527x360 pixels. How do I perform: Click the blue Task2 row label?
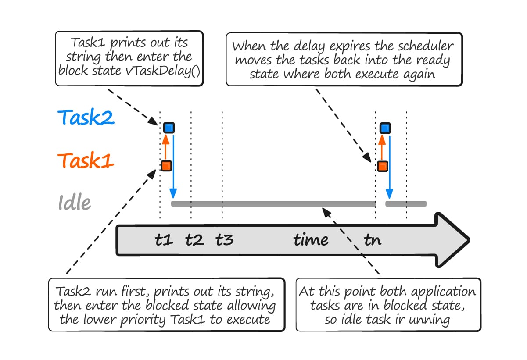(x=86, y=118)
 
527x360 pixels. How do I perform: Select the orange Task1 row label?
(x=86, y=161)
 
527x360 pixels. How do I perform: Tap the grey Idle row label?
(x=75, y=203)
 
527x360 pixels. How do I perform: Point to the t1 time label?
(x=164, y=240)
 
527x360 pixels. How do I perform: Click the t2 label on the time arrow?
(x=194, y=240)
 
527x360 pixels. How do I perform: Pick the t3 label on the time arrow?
(x=225, y=240)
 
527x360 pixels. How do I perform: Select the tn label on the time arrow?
(x=373, y=240)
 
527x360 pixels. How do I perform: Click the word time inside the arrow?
(x=311, y=240)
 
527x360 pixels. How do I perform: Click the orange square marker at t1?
(x=166, y=166)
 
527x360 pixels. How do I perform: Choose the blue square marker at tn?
(x=385, y=128)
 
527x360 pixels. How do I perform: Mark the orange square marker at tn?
(x=382, y=166)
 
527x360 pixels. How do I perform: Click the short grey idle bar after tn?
(x=406, y=204)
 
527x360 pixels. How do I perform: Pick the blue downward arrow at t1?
(x=173, y=167)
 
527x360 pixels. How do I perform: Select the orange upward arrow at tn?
(x=382, y=147)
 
